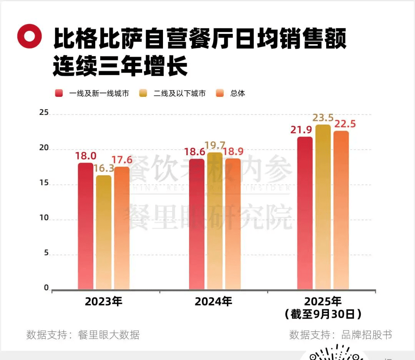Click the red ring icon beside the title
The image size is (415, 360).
point(29,36)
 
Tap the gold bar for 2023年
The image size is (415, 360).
point(103,232)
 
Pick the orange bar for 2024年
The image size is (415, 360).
point(233,224)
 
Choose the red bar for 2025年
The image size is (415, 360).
point(305,213)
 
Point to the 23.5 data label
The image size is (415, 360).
point(323,118)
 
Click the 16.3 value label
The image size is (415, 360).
point(103,168)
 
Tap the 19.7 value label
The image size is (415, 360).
point(215,145)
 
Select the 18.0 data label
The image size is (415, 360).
point(85,156)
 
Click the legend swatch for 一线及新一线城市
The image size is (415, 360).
point(59,93)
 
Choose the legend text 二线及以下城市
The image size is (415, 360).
point(179,93)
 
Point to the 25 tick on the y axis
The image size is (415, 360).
point(44,113)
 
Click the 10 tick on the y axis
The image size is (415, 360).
point(44,218)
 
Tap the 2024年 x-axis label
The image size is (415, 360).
point(213,302)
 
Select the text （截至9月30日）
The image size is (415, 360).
point(323,314)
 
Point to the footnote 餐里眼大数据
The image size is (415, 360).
point(108,335)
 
